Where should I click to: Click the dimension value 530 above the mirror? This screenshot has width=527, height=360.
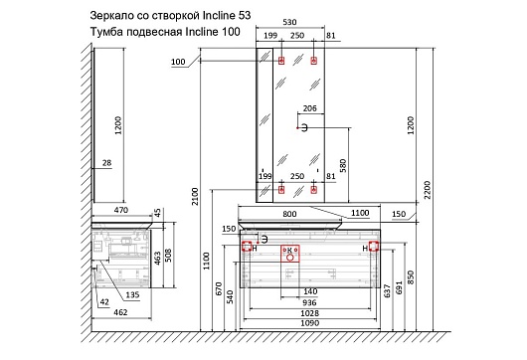coord(289,22)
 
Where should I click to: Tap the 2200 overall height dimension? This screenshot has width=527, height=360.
coord(428,190)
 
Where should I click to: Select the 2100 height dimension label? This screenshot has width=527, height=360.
coord(195,197)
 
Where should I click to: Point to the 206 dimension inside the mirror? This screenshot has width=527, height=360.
coord(309,108)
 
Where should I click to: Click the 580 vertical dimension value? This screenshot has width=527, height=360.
coord(343,166)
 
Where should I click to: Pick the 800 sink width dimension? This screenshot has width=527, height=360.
coord(289,214)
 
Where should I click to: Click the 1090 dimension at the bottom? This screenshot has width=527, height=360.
coord(309,323)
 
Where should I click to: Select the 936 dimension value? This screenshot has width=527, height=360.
coord(309,302)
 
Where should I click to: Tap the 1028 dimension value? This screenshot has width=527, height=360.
coord(309,313)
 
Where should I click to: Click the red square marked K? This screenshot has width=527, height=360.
coord(290,254)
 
